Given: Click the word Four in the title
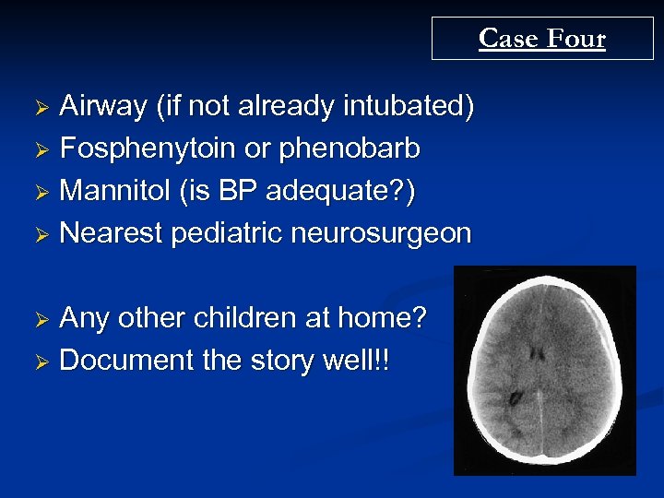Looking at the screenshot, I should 575,39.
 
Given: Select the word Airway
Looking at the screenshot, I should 102,108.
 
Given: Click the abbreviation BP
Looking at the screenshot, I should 230,192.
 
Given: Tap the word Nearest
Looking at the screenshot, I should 110,233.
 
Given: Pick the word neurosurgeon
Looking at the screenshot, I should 381,233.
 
